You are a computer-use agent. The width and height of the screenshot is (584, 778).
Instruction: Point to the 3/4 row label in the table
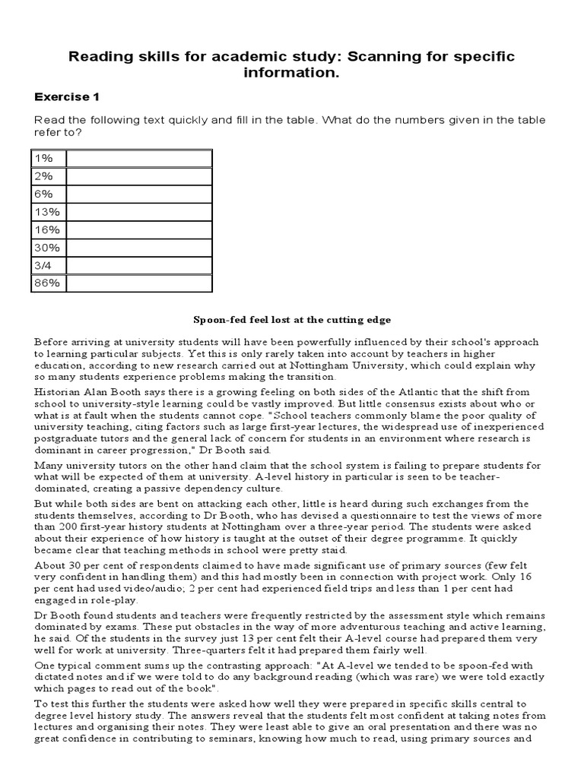[x=43, y=265]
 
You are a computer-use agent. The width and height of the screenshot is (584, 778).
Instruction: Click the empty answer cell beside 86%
[x=139, y=283]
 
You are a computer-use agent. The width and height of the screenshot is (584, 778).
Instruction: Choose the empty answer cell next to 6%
[x=139, y=194]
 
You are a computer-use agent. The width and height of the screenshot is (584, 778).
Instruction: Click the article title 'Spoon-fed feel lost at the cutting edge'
[x=292, y=320]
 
